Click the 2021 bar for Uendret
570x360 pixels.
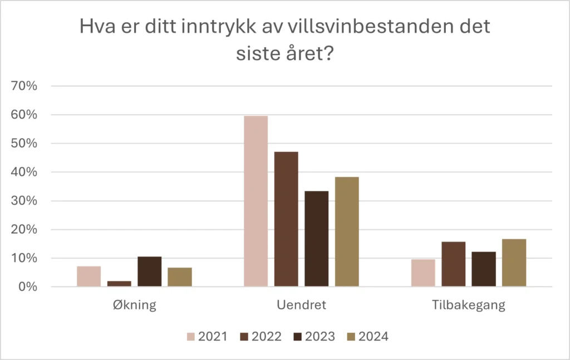[256, 201]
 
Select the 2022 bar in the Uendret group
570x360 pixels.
[286, 219]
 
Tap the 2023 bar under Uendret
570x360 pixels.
[317, 239]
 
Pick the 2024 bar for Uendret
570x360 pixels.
[347, 232]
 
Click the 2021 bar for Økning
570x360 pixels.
[89, 277]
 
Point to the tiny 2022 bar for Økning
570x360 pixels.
[119, 284]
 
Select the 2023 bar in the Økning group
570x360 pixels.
[149, 272]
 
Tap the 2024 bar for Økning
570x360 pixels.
[180, 277]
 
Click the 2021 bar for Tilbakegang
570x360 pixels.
[423, 273]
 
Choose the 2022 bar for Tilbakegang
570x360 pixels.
[454, 264]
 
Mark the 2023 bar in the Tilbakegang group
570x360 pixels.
[484, 269]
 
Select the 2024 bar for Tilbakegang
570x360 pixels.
[514, 263]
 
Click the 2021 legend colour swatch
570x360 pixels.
[191, 337]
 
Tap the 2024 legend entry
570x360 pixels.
[368, 337]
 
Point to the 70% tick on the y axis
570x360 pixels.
[24, 86]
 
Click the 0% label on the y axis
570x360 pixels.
[28, 287]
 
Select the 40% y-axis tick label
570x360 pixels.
[24, 172]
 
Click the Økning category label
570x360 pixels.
[135, 305]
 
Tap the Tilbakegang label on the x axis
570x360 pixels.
[469, 305]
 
